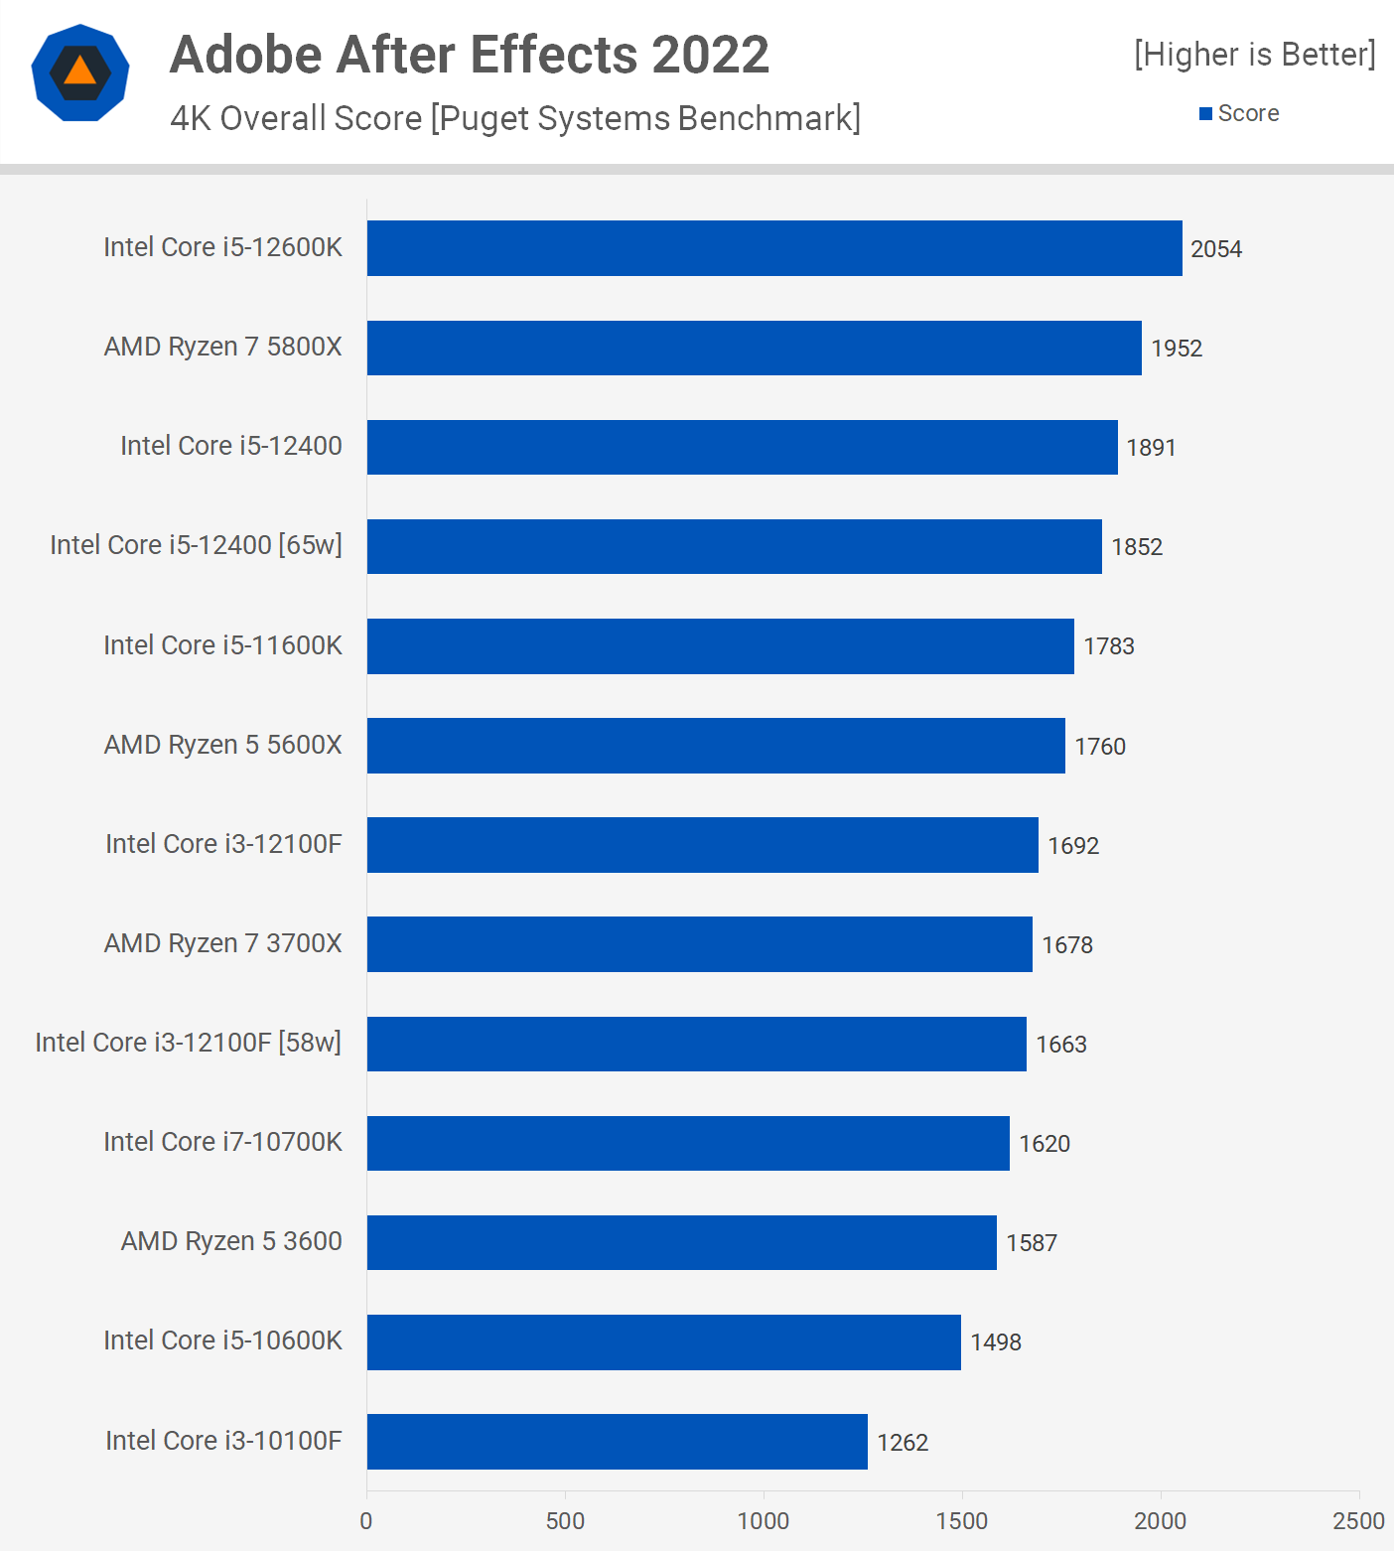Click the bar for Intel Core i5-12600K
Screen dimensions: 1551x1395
(774, 248)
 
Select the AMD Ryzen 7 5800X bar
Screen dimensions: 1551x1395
(755, 348)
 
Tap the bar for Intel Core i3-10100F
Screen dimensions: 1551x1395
(617, 1442)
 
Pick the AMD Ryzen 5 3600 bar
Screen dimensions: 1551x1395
(681, 1242)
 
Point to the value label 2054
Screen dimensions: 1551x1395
(1216, 249)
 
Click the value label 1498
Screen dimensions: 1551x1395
(996, 1342)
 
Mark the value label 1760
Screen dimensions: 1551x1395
(1100, 747)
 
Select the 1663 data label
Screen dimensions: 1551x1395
(1061, 1045)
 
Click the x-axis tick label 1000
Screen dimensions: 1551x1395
(764, 1521)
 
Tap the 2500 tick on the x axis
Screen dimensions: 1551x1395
(1358, 1521)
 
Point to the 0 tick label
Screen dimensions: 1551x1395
(366, 1521)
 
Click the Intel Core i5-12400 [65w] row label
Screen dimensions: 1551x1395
(196, 545)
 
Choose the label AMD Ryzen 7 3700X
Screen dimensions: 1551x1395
(222, 943)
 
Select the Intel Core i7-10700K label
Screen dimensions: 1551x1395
(222, 1142)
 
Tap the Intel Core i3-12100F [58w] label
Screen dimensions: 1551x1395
(188, 1043)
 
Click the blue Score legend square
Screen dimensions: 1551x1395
(1205, 114)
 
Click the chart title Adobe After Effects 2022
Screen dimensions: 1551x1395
(469, 55)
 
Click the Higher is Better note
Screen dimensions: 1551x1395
(1255, 55)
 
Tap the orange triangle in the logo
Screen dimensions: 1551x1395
(80, 71)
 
